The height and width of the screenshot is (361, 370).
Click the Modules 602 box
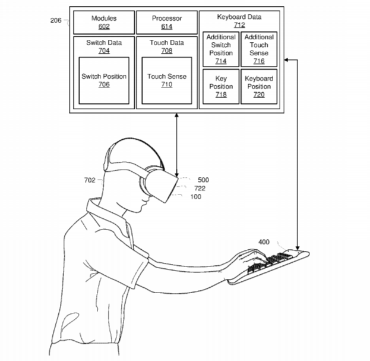104,22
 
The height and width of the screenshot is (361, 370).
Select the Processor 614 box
167,22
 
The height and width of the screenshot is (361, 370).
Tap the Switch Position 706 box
104,80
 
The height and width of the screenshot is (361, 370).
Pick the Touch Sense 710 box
167,80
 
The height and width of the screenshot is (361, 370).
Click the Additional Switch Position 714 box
221,49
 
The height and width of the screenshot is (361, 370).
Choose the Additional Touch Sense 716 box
259,49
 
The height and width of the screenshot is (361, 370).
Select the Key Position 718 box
221,86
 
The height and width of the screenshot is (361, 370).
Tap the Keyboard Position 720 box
259,86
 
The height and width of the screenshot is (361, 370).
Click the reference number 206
56,20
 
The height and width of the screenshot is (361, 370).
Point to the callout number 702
90,180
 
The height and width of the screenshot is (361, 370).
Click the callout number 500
203,180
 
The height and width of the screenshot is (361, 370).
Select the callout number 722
200,189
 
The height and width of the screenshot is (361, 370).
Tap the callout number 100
196,197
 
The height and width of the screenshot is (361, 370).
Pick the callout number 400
264,242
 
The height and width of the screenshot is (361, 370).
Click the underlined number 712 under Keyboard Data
239,25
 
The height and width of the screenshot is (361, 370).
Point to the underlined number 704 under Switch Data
104,51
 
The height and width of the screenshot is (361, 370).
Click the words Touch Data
167,43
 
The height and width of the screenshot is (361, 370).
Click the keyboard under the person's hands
269,266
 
